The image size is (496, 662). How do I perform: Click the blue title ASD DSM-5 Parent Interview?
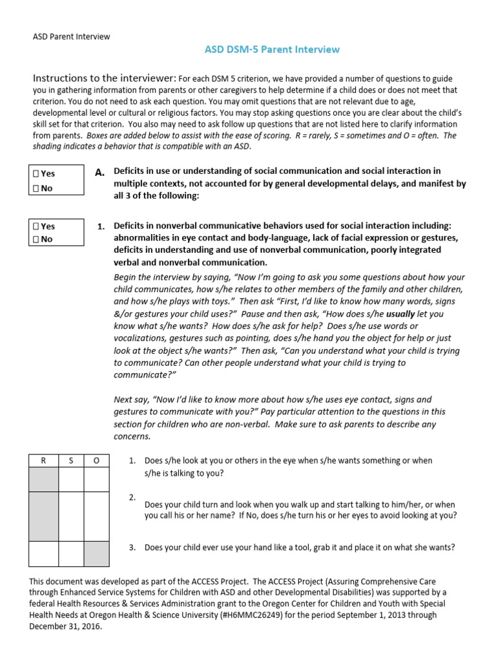272,50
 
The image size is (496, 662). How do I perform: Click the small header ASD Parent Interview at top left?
71,37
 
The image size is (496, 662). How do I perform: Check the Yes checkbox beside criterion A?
37,174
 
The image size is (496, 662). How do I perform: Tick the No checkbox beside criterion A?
37,187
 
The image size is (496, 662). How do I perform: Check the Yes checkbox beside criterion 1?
37,226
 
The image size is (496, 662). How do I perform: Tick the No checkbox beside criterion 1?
37,239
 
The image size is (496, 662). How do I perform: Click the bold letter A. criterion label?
99,173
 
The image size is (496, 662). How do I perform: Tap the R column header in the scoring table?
44,460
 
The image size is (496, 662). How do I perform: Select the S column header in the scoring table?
72,460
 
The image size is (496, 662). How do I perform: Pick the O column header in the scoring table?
96,460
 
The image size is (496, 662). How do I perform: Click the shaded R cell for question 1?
44,480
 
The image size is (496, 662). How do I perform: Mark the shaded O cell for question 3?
96,554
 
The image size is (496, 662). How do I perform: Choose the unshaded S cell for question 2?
72,517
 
